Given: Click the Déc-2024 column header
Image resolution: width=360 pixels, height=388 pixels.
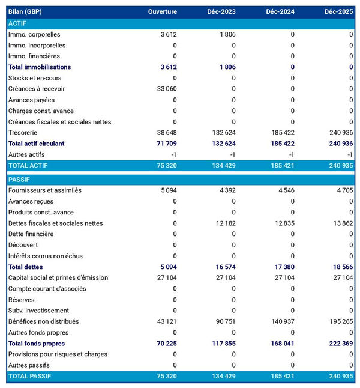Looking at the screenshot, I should click(281, 12).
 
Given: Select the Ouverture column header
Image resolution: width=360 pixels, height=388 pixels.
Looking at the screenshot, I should click(163, 12).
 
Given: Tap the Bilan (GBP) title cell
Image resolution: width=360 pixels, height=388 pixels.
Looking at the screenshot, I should click(25, 12).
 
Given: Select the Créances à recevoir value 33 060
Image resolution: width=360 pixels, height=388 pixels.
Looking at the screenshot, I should click(165, 89).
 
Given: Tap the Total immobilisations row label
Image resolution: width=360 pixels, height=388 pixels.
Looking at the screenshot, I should click(40, 67).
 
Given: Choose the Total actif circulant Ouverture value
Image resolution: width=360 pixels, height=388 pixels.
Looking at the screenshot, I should click(165, 144).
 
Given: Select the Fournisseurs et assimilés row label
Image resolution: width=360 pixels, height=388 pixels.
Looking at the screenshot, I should click(45, 190).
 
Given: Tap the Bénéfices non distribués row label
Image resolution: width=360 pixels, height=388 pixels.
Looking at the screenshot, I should click(43, 321).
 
